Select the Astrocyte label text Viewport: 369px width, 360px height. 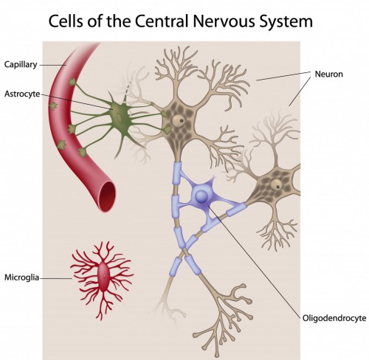coord(23,94)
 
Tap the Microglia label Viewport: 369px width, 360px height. coord(22,278)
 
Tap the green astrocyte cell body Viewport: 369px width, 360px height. coord(120,115)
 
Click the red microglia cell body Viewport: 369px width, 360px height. coord(103,277)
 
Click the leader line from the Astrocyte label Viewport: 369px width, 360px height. coord(74,102)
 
